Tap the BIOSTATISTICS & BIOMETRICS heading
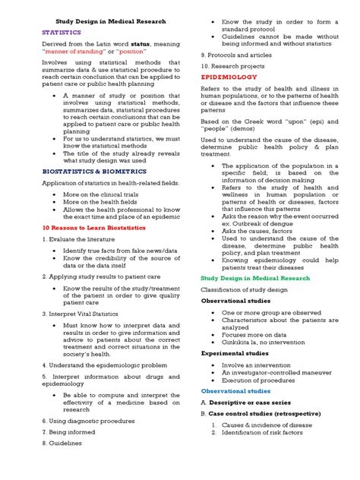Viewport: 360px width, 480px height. (x=84, y=172)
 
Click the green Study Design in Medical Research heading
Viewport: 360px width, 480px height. (x=256, y=278)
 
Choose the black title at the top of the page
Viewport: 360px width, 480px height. (x=112, y=21)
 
